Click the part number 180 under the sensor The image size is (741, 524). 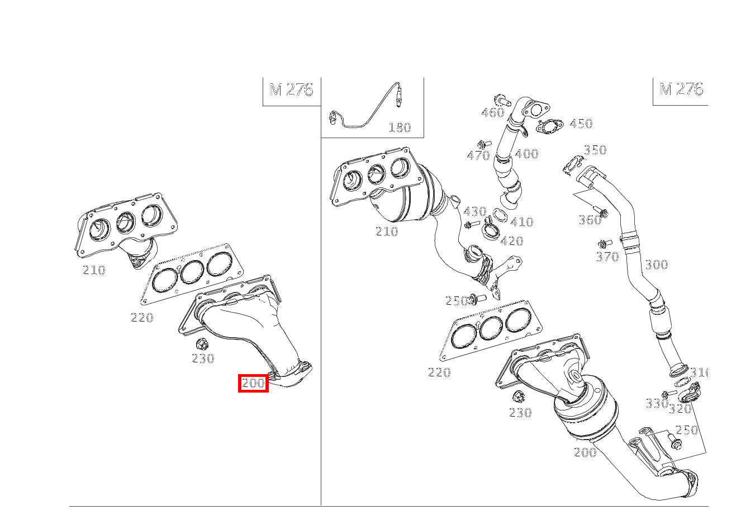(x=399, y=128)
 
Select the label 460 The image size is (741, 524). (x=492, y=112)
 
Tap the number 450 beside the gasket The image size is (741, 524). (x=581, y=124)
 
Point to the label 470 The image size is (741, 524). (x=478, y=155)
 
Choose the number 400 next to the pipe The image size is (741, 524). (x=526, y=154)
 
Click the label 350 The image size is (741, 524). (x=595, y=150)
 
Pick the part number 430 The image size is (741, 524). (x=475, y=211)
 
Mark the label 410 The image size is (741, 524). (x=522, y=222)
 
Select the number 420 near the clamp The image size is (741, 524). (x=511, y=241)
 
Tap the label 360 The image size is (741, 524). (x=590, y=220)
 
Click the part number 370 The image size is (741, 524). (x=607, y=257)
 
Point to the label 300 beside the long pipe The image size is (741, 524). (x=656, y=265)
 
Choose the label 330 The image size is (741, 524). (x=657, y=403)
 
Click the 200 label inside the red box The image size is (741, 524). (x=253, y=383)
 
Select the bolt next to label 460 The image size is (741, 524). (x=504, y=102)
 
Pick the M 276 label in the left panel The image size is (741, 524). (x=291, y=89)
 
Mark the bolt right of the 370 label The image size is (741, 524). (x=602, y=244)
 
